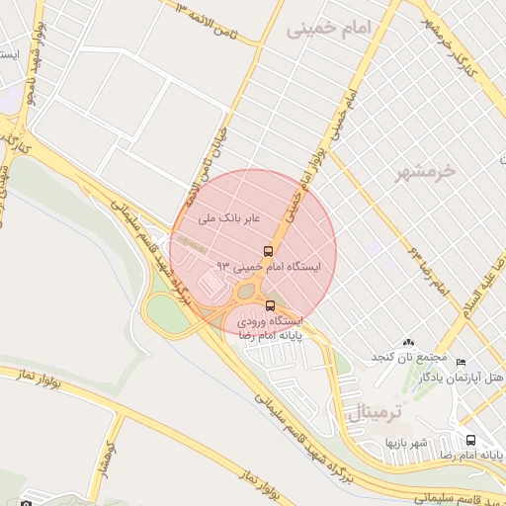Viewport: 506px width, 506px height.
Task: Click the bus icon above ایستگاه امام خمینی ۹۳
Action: (269, 251)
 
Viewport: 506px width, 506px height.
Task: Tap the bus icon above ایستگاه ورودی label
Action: (272, 305)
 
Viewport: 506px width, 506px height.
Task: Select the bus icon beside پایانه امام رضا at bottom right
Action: (470, 440)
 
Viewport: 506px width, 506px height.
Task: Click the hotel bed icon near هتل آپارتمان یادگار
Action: (461, 363)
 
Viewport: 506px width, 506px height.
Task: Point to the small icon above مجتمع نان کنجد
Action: (408, 341)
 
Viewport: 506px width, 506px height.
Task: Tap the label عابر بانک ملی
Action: (228, 214)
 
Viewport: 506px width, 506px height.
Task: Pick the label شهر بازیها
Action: (406, 442)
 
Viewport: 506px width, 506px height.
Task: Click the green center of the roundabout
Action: (246, 292)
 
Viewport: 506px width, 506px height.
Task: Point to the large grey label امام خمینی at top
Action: (341, 31)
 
